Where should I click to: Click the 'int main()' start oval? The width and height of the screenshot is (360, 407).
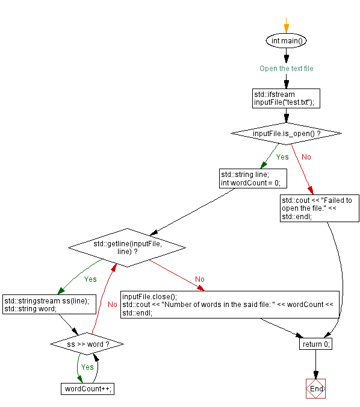pos(286,41)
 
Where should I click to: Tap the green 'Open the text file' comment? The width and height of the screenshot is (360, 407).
pos(286,69)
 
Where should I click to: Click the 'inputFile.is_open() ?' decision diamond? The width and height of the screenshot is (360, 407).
pos(286,133)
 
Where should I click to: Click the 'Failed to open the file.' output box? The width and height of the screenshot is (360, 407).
pos(320,208)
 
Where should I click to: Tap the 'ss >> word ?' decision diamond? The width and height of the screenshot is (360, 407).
pos(87,344)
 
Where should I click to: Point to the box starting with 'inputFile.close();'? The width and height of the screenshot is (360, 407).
pos(230,305)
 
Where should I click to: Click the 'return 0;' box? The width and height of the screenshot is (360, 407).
pos(315,344)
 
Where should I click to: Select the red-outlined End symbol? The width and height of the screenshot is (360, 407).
pos(315,389)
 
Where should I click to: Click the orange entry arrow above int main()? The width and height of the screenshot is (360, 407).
pos(286,25)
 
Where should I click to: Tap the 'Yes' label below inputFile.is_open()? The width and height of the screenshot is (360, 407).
pos(282,157)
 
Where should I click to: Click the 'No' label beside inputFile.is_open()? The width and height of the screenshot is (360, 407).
pos(306,157)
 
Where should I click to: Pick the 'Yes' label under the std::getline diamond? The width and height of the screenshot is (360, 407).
pos(90,279)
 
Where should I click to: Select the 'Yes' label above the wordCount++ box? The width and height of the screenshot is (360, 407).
pos(87,367)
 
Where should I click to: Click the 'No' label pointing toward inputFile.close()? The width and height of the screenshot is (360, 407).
pos(200,279)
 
